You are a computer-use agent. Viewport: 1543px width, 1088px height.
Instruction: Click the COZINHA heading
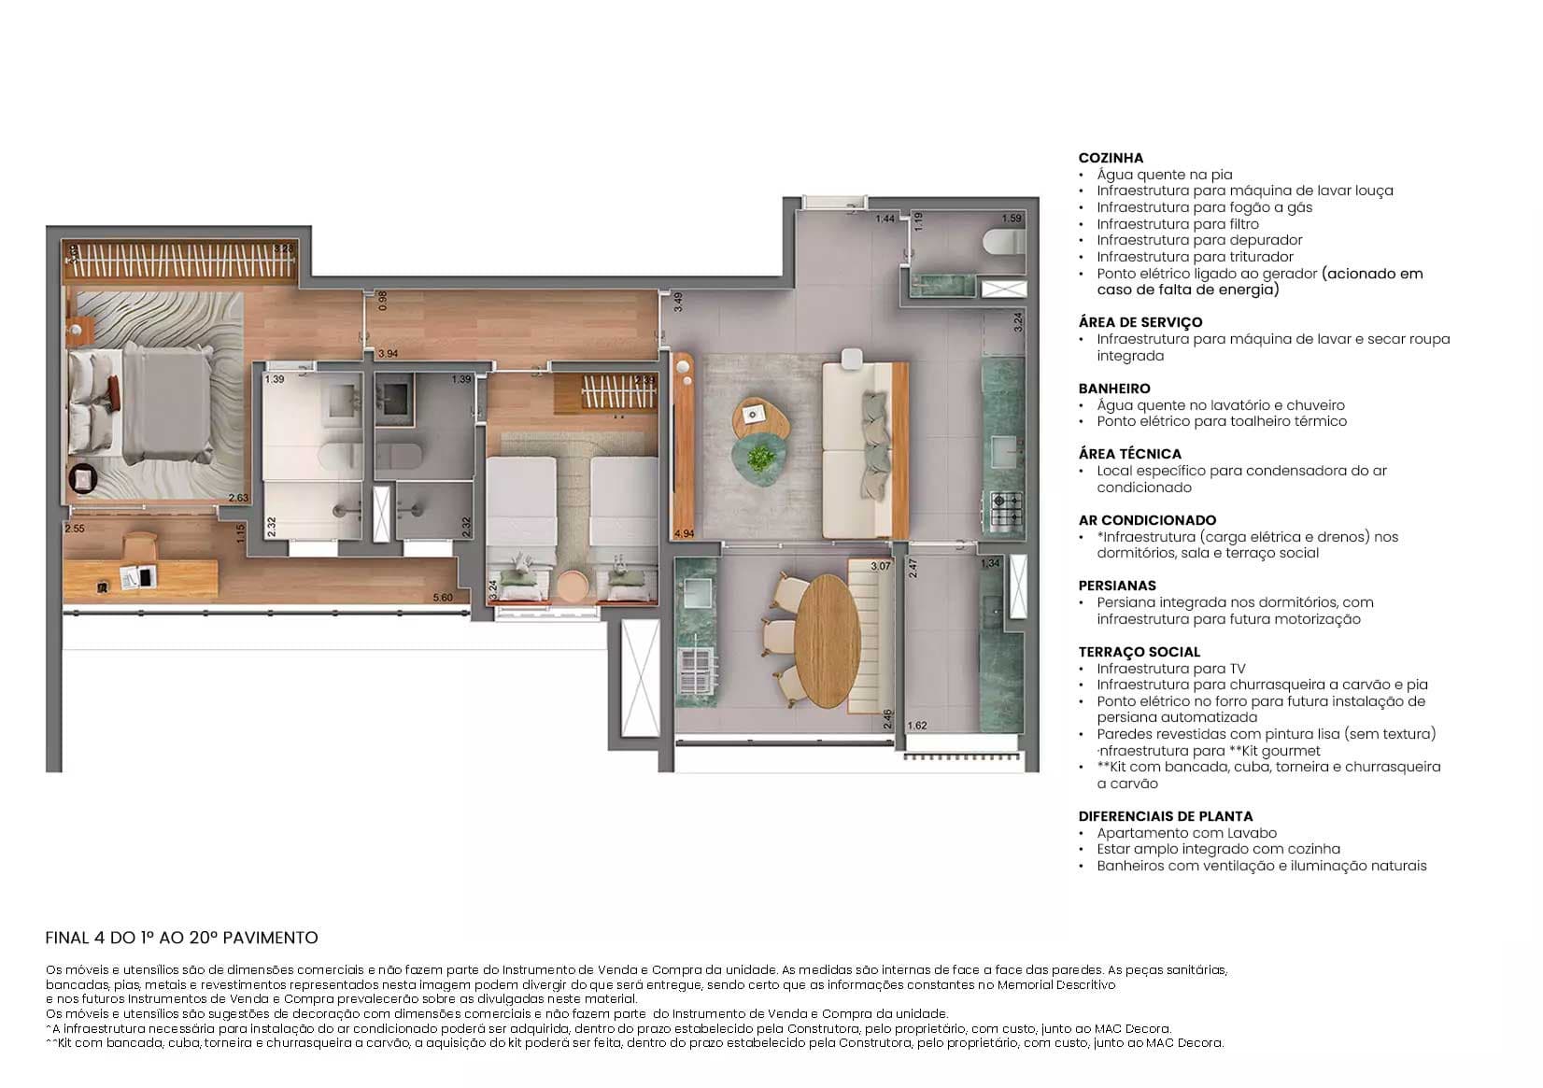click(x=1111, y=158)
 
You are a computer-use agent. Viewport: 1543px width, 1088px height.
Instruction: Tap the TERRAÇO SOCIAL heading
click(x=1139, y=652)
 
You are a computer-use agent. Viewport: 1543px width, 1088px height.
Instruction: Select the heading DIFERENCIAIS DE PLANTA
click(x=1165, y=816)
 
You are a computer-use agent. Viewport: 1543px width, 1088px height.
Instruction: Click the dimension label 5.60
click(x=443, y=598)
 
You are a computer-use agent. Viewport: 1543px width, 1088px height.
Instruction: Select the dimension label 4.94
click(x=684, y=533)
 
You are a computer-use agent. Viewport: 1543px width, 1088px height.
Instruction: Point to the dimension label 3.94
click(x=388, y=353)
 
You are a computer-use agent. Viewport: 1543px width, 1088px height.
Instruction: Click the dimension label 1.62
click(x=916, y=726)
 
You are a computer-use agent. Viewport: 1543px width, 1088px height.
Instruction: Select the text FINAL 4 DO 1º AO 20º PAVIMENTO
click(x=182, y=938)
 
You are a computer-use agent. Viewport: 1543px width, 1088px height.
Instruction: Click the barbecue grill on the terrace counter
click(x=695, y=668)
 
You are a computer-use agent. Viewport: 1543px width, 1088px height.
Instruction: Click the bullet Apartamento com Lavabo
click(x=1186, y=833)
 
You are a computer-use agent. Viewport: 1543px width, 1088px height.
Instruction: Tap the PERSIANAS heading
click(x=1117, y=586)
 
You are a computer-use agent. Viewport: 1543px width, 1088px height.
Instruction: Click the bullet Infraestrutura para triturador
click(x=1195, y=257)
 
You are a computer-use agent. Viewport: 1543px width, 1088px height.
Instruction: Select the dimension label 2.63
click(x=238, y=498)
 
